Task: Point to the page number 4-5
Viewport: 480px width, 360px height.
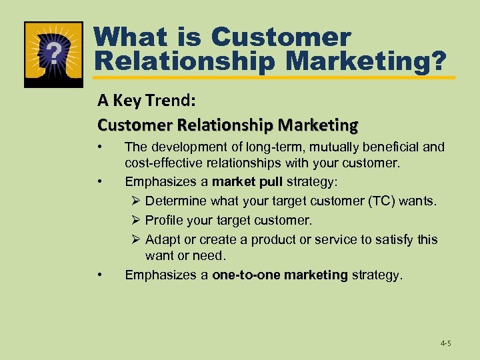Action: (x=445, y=343)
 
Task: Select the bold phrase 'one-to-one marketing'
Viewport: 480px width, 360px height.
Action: (x=279, y=275)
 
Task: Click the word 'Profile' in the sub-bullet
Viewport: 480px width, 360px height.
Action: (x=164, y=219)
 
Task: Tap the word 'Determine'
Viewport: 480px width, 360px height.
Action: (x=177, y=201)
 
